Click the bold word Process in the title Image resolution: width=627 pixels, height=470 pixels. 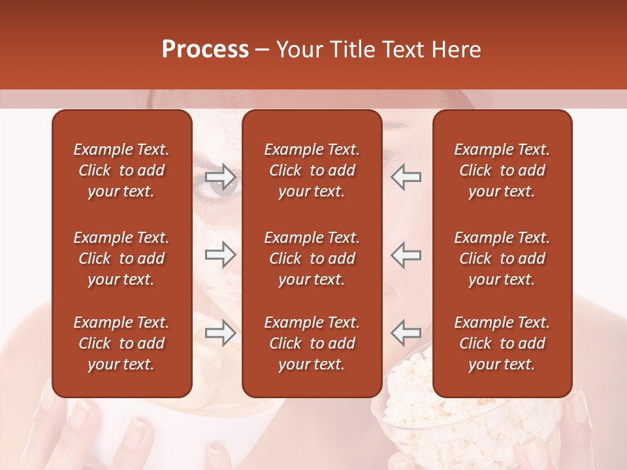pyautogui.click(x=205, y=50)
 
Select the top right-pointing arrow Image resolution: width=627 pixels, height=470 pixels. pyautogui.click(x=220, y=176)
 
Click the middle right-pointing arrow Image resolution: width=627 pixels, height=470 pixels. pyautogui.click(x=220, y=255)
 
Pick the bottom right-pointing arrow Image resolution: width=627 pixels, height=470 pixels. pyautogui.click(x=220, y=333)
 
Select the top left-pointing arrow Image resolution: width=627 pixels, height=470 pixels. pyautogui.click(x=406, y=176)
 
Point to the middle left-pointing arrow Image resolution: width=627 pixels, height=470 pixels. pyautogui.click(x=406, y=255)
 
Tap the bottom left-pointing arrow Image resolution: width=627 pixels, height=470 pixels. pyautogui.click(x=406, y=333)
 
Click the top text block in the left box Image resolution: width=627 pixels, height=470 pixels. pyautogui.click(x=121, y=170)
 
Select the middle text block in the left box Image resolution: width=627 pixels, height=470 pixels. pyautogui.click(x=121, y=258)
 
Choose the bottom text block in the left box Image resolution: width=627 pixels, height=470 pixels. pyautogui.click(x=121, y=343)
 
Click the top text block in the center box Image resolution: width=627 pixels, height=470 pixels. pyautogui.click(x=312, y=170)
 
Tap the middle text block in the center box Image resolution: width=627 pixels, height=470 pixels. pyautogui.click(x=312, y=258)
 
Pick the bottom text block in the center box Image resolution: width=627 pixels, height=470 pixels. pyautogui.click(x=312, y=343)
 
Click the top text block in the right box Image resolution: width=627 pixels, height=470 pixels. pyautogui.click(x=502, y=170)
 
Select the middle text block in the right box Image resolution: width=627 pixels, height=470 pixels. pyautogui.click(x=502, y=258)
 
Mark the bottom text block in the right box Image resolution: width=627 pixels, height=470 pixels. pyautogui.click(x=502, y=343)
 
